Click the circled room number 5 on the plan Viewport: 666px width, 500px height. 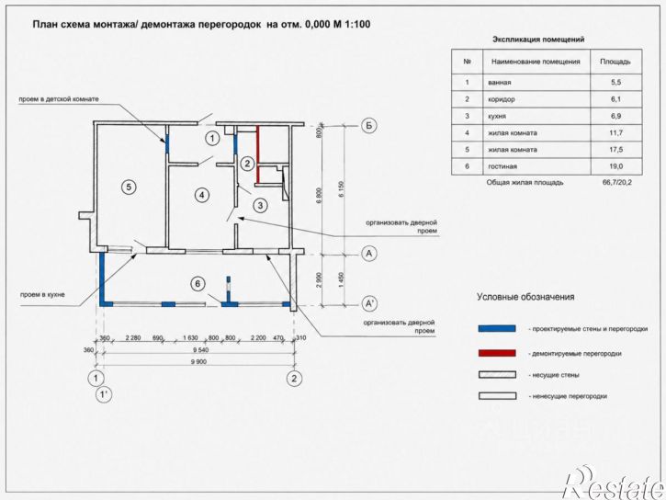tap(129, 187)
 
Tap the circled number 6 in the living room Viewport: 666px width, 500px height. tap(198, 284)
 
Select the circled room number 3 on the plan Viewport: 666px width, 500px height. tap(260, 206)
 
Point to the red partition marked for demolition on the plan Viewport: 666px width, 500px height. tap(257, 154)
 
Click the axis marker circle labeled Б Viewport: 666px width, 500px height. tap(368, 125)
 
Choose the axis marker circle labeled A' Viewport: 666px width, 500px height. tap(368, 303)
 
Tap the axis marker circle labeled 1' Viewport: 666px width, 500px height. tap(104, 394)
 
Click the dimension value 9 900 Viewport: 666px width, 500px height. tap(199, 361)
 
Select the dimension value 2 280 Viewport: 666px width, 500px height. tap(133, 338)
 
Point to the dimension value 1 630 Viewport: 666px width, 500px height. tap(190, 338)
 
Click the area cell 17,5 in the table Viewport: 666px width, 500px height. tap(615, 150)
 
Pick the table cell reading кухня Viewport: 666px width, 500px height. tap(497, 116)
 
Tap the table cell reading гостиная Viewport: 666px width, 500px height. tap(502, 166)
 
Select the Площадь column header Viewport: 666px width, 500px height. tap(615, 62)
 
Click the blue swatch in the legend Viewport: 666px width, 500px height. tap(497, 328)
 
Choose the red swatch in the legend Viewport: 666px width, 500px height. tap(497, 353)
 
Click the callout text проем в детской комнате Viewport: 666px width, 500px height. tap(59, 99)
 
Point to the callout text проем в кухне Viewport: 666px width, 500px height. tap(42, 294)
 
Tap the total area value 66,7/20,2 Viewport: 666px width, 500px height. tap(616, 183)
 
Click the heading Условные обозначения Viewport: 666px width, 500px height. tap(525, 297)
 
